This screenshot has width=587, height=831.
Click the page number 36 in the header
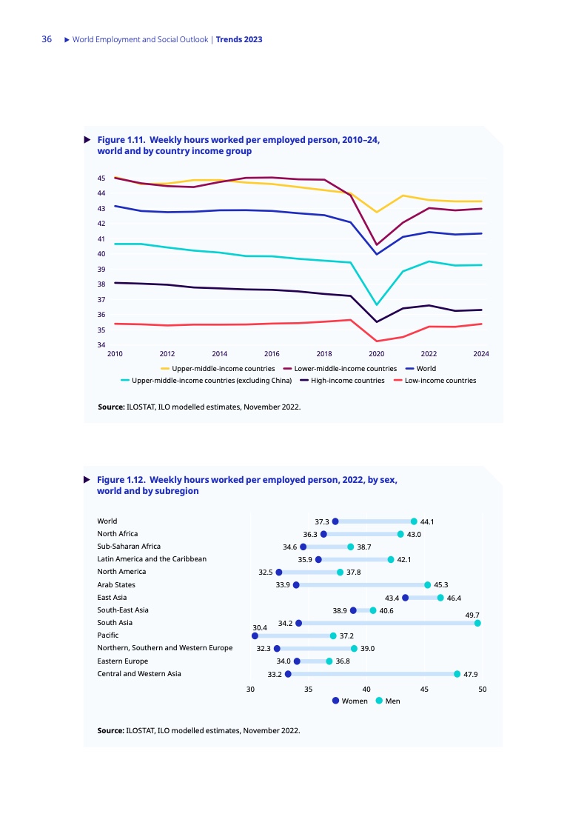click(x=47, y=39)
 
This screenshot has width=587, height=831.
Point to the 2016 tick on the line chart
click(x=272, y=354)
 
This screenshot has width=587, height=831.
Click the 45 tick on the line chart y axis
click(x=101, y=178)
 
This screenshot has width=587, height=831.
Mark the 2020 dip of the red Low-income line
click(x=377, y=341)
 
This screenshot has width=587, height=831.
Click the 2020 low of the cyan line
click(x=377, y=304)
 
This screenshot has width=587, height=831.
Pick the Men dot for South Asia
click(x=477, y=624)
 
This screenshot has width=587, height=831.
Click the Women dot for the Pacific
click(x=255, y=635)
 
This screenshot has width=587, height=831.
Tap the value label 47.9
click(x=472, y=674)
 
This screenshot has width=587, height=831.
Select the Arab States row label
click(x=116, y=585)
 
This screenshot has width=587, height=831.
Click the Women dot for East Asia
click(x=405, y=598)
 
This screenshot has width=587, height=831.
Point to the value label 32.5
click(x=265, y=573)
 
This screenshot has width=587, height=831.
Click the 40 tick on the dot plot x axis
click(x=366, y=690)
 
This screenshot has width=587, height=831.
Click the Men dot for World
click(x=414, y=521)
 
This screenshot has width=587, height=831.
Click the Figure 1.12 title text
click(x=247, y=485)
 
